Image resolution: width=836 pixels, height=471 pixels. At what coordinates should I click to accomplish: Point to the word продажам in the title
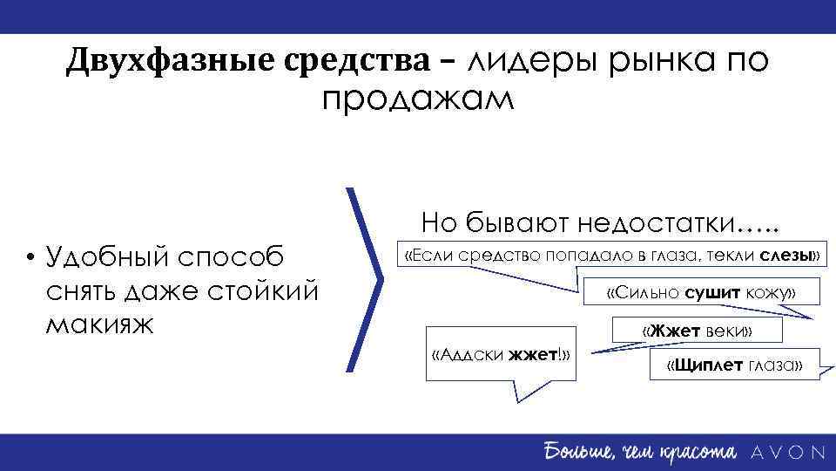coord(418,99)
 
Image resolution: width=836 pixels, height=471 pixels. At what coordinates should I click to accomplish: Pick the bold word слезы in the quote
coord(786,255)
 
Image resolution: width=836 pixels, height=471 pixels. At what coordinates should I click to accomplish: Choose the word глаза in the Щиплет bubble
coord(774,365)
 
